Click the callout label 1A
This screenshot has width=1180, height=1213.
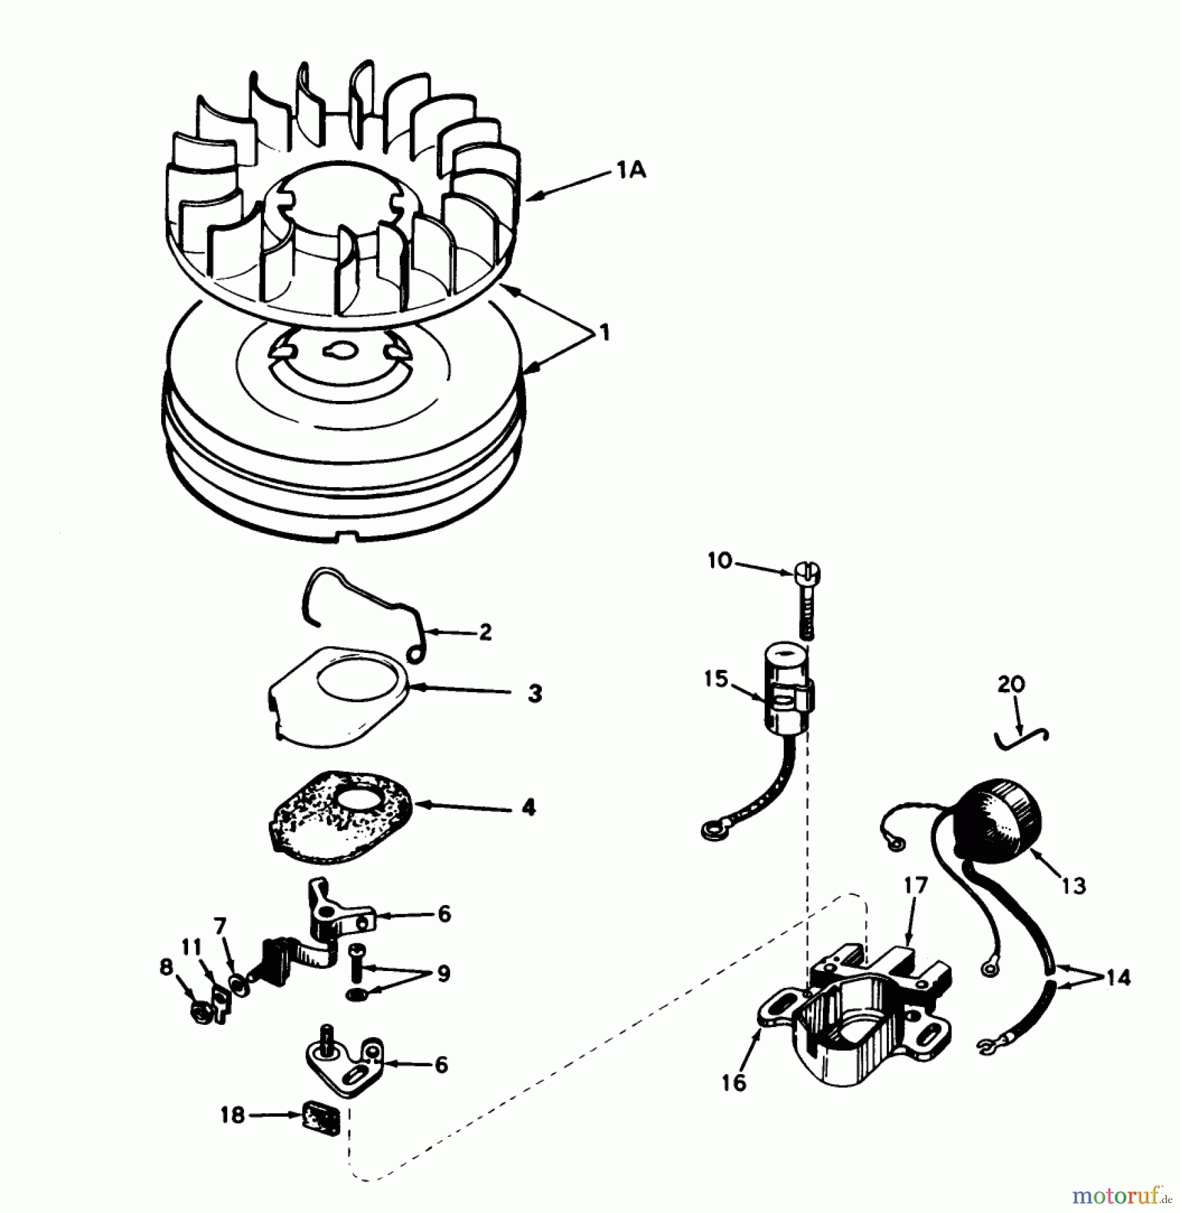(630, 172)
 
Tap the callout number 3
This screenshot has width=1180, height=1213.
(534, 694)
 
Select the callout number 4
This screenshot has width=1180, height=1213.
(529, 807)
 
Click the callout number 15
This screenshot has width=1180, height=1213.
(716, 679)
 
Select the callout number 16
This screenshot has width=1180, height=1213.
(734, 1083)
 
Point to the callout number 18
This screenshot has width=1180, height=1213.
(232, 1115)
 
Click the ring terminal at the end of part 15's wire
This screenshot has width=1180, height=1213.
(713, 828)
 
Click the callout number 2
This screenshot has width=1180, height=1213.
(485, 632)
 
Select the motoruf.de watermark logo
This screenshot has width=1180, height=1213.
(1119, 1196)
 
